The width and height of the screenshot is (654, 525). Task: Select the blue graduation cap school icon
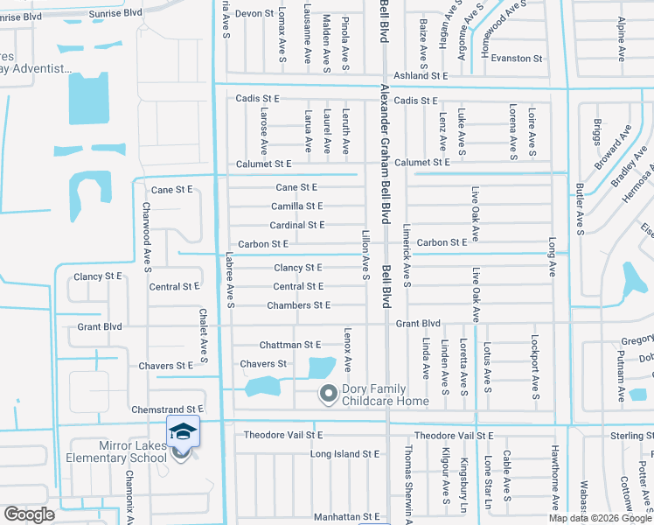tap(184, 430)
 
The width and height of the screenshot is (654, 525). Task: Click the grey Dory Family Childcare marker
tap(328, 395)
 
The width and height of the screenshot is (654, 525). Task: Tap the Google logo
tap(29, 514)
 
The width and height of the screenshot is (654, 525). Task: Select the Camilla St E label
tap(296, 206)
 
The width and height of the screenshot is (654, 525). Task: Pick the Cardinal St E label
tap(296, 226)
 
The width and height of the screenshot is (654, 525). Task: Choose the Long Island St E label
tap(345, 454)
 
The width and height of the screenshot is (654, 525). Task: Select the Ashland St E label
tap(420, 76)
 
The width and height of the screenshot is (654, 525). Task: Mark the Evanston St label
tap(516, 58)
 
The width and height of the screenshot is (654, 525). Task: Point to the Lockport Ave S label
tap(535, 361)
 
